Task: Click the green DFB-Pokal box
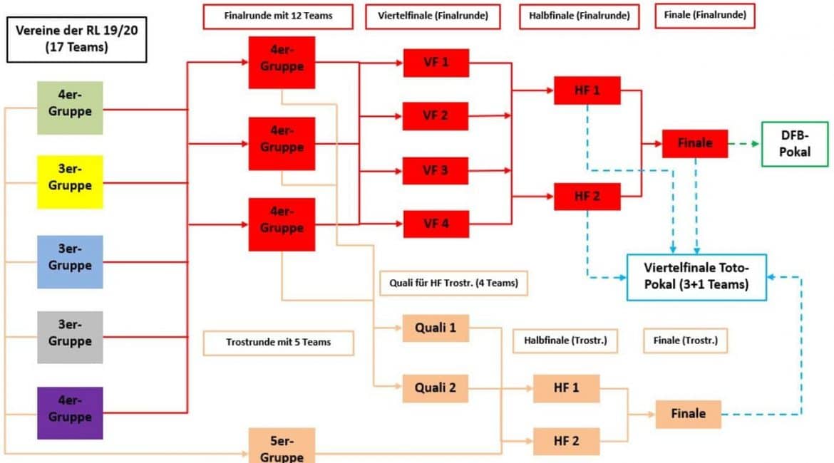[795, 144]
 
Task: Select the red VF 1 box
[436, 63]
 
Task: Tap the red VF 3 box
[436, 171]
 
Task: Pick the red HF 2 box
[587, 196]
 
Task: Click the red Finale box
[695, 143]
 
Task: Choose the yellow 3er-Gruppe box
[70, 182]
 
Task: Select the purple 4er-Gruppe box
[70, 413]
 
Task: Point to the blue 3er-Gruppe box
[70, 262]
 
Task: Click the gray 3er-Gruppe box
[70, 338]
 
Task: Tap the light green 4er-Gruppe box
[70, 108]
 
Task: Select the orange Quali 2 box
[435, 388]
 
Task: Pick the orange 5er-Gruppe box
[282, 445]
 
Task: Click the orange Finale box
[689, 414]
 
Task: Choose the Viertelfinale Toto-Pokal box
[696, 277]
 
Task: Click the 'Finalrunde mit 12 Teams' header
[278, 16]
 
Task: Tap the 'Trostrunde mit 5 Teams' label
[278, 343]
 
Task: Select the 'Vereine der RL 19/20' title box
[76, 39]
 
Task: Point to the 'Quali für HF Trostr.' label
[453, 283]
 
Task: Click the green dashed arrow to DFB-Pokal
[744, 143]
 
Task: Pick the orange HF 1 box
[566, 388]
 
